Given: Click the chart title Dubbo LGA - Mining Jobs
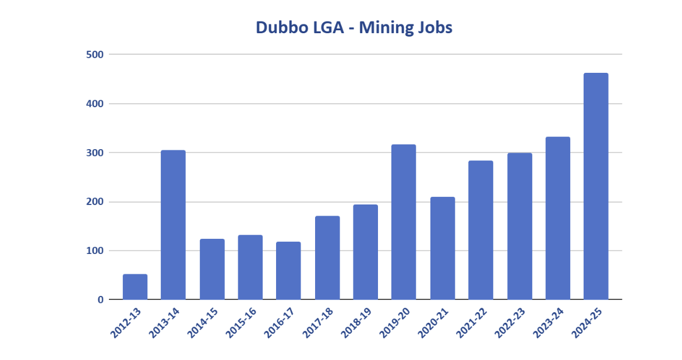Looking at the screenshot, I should (354, 27).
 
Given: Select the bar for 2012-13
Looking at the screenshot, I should (135, 287).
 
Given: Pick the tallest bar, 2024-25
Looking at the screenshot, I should (596, 186).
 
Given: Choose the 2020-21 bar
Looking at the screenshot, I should (442, 248).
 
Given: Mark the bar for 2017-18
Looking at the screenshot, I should (327, 258).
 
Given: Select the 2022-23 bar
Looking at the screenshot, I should (520, 226).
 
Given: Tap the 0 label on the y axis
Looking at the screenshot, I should (100, 299).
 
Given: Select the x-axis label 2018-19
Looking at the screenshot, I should (357, 323).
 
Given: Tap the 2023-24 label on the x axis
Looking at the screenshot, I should (549, 323).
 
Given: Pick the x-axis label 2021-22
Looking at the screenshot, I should (472, 323).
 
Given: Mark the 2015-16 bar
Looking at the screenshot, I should (250, 267).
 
